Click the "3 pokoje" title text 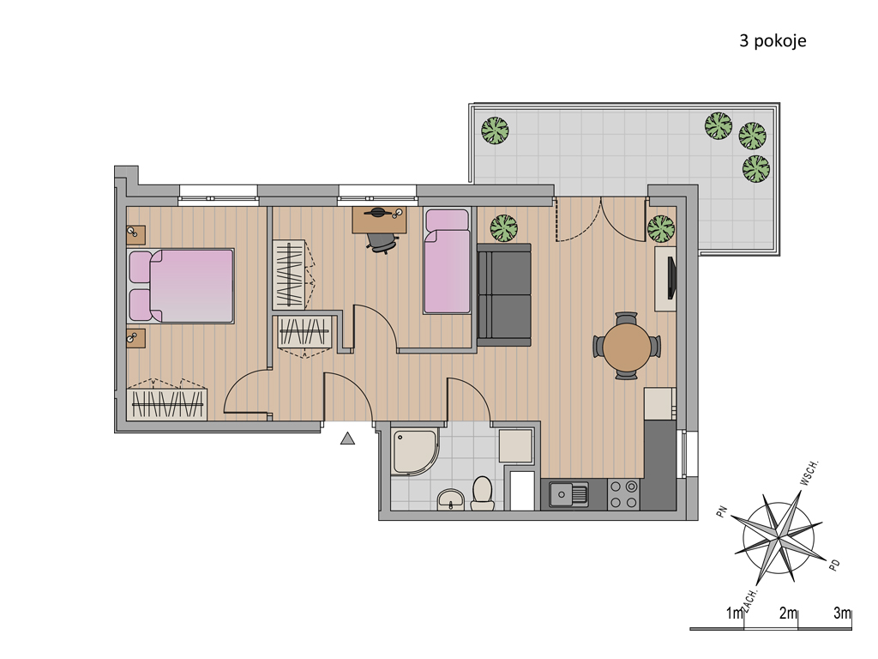pos(773,41)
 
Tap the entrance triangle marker pos(348,438)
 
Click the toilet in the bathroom pos(482,493)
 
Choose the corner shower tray pos(415,452)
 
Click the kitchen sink pos(569,495)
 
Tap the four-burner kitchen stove pos(623,494)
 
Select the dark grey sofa pos(504,295)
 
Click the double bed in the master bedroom pos(182,286)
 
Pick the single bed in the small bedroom pos(447,261)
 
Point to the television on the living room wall pos(672,278)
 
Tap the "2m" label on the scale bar pos(788,614)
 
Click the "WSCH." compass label pos(809,473)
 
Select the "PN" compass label pos(722,511)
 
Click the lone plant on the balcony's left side pos(495,130)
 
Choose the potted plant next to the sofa pos(504,228)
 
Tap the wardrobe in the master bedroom pos(167,400)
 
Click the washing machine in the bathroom pos(515,446)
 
